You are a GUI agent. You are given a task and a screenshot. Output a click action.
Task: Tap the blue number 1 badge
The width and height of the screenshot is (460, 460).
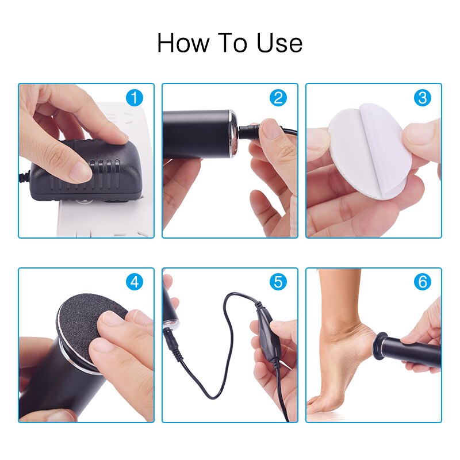(x=135, y=98)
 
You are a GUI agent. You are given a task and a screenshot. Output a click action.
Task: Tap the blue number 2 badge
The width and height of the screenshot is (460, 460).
(x=278, y=98)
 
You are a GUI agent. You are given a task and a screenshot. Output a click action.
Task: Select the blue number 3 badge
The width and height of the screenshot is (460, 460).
(x=423, y=98)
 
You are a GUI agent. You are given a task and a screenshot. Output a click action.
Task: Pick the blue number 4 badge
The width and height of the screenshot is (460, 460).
(x=135, y=282)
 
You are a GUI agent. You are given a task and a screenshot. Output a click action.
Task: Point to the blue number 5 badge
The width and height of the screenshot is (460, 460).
(x=278, y=282)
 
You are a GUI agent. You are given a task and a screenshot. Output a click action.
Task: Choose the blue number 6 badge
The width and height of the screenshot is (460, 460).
(x=423, y=282)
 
